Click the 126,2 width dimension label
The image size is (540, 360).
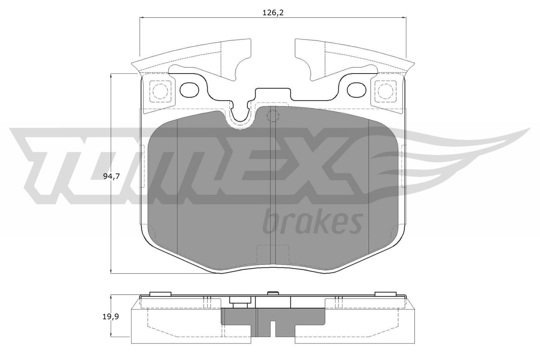273,13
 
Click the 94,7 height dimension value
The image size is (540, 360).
111,176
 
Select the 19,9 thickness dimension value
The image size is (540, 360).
111,316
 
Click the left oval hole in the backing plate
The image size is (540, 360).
189,90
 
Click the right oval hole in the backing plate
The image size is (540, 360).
356,90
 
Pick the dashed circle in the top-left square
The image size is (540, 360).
160,91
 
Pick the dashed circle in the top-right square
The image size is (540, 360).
385,91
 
